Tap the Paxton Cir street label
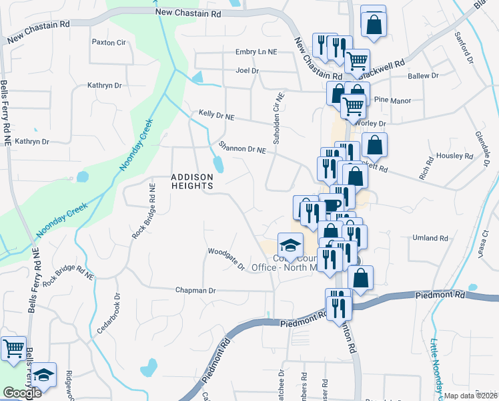109,42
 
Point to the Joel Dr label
246,70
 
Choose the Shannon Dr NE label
243,148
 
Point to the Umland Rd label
430,238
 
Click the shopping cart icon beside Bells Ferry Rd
13,349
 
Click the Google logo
21,393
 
